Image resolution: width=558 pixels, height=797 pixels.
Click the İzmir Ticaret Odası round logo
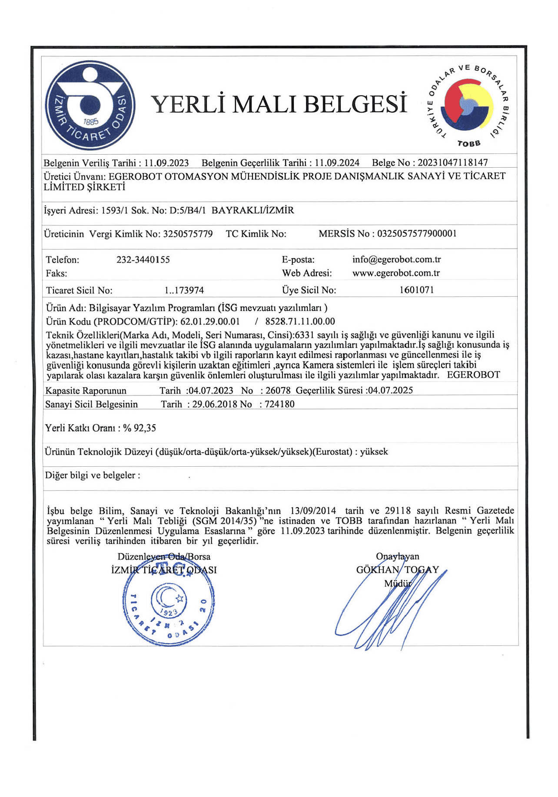90,106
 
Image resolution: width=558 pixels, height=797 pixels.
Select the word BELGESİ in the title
355,104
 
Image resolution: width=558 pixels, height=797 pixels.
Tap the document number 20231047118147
452,163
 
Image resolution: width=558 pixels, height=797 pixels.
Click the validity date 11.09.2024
337,163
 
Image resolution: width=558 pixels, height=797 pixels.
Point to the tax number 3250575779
188,234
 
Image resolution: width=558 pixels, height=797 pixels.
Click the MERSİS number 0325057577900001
417,234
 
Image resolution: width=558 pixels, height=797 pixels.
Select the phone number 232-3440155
143,260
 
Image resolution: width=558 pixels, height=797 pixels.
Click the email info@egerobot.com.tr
396,259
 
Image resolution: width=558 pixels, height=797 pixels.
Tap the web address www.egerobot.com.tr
396,273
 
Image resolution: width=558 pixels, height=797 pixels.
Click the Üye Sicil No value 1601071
416,290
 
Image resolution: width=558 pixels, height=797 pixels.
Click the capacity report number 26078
278,390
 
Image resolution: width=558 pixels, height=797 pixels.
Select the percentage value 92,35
145,428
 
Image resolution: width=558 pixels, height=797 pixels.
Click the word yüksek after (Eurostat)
374,452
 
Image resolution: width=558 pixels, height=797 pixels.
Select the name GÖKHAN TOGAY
397,570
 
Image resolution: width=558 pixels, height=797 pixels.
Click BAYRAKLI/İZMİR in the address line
252,210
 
